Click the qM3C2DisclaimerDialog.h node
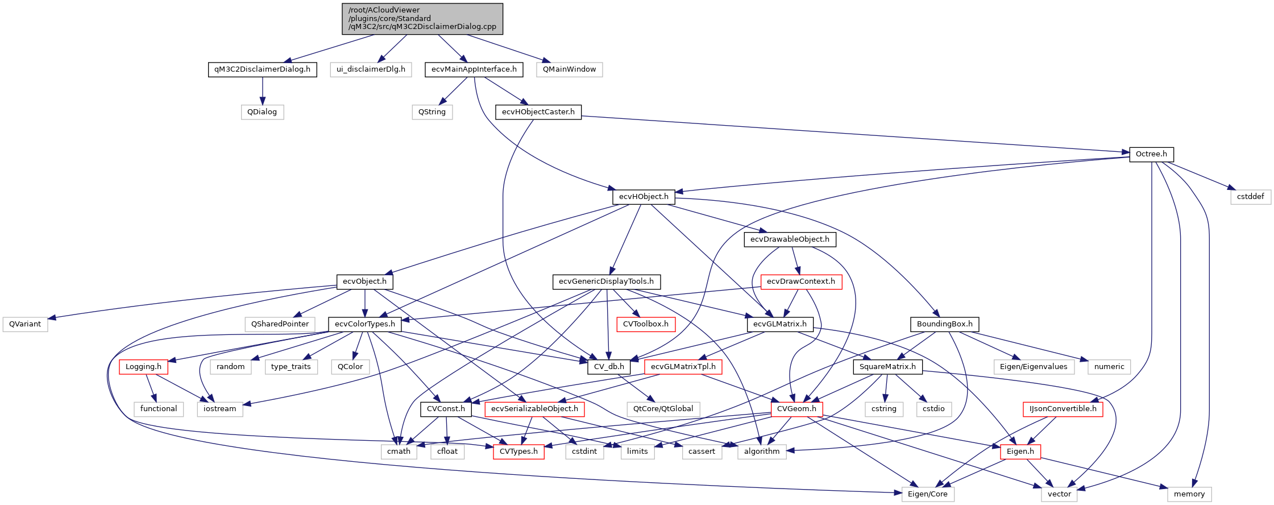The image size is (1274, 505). (x=262, y=69)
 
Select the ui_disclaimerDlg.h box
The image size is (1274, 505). (x=371, y=69)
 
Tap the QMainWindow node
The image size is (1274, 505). (x=569, y=69)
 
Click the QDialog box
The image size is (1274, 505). (x=262, y=112)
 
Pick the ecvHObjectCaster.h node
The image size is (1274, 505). (x=538, y=112)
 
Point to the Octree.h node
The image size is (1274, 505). (x=1151, y=154)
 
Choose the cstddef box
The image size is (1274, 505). (x=1251, y=197)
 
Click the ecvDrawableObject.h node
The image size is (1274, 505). (x=790, y=239)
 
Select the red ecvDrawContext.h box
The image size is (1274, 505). (x=800, y=282)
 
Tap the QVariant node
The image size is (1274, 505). (x=25, y=324)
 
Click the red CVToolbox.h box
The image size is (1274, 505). (x=646, y=324)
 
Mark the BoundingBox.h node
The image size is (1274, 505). (x=944, y=324)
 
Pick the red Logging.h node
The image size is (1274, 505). (x=143, y=367)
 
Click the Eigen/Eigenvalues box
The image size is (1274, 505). (x=1034, y=367)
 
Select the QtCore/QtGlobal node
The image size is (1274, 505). (x=663, y=409)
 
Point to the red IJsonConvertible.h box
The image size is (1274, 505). (x=1063, y=409)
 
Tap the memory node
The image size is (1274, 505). (x=1189, y=494)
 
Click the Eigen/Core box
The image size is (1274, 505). (x=927, y=494)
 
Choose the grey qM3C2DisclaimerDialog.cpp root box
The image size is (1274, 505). (x=422, y=18)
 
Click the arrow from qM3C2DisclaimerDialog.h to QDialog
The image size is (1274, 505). (x=262, y=91)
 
